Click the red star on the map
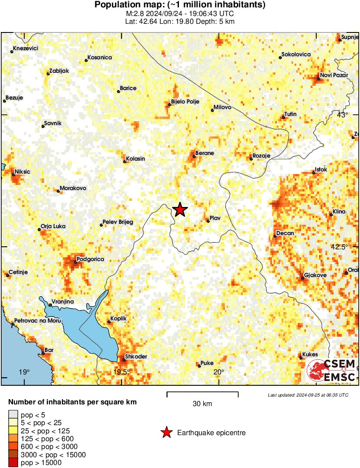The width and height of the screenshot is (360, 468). pos(180,210)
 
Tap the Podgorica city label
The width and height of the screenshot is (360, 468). pos(90,259)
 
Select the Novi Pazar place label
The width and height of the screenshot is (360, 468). pos(334,75)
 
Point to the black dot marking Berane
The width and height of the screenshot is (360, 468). pos(194,156)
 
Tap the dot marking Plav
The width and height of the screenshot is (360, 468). pos(208,221)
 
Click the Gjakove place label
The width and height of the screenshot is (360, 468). pos(315,275)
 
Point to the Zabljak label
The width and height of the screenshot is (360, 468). pos(59,71)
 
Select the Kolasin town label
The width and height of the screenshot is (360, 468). pos(136,158)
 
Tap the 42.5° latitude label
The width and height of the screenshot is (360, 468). pos(340,247)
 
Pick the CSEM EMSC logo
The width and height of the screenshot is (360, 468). pos(331,370)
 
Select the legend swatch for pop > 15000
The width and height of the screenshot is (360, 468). pos(13,463)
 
